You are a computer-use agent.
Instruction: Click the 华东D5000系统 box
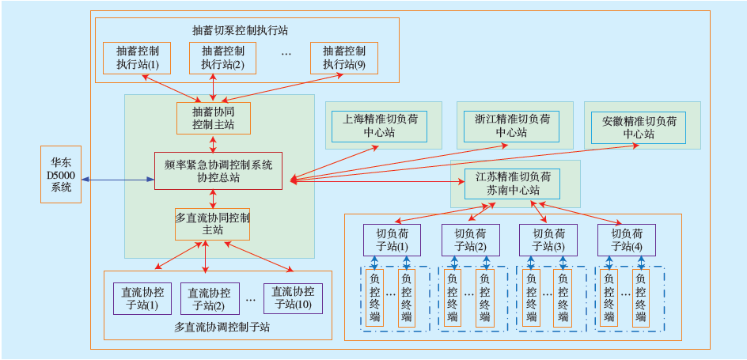60,174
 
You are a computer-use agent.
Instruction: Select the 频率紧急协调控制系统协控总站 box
218,171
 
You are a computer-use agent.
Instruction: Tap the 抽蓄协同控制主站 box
214,119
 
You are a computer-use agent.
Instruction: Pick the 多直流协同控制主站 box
213,223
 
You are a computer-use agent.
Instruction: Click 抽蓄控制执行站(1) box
137,57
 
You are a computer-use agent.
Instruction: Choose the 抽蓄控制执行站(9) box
343,57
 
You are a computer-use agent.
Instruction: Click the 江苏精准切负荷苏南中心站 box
513,184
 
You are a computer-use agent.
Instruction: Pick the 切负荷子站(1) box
392,240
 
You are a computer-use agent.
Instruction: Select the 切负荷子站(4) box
627,240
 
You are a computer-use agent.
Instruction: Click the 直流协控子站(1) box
139,298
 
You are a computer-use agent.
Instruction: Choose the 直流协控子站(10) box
293,298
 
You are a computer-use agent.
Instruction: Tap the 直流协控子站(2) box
210,298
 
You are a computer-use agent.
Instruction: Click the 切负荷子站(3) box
548,240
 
